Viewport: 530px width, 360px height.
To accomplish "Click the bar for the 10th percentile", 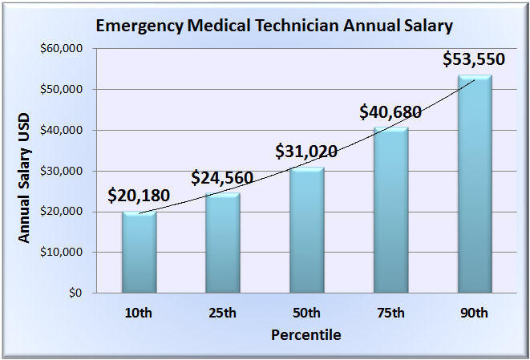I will [x=139, y=252].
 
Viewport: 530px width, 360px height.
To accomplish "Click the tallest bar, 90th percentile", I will [x=474, y=184].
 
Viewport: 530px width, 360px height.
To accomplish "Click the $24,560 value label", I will [x=222, y=177].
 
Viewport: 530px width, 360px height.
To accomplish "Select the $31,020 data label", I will [x=306, y=151].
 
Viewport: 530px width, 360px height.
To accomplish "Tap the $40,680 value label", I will [x=390, y=111].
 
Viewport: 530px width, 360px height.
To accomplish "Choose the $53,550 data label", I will [x=474, y=60].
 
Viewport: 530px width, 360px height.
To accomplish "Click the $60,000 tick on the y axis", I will [x=62, y=49].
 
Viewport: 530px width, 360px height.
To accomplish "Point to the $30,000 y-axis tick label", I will [x=62, y=171].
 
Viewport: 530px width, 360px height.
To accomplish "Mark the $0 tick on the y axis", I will [x=74, y=293].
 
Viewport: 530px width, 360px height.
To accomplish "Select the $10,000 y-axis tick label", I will [x=62, y=253].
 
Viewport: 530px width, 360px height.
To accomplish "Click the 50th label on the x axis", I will [x=306, y=313].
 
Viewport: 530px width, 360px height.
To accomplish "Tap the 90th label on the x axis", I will [x=474, y=313].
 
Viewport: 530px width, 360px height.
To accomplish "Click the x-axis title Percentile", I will [x=305, y=334].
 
